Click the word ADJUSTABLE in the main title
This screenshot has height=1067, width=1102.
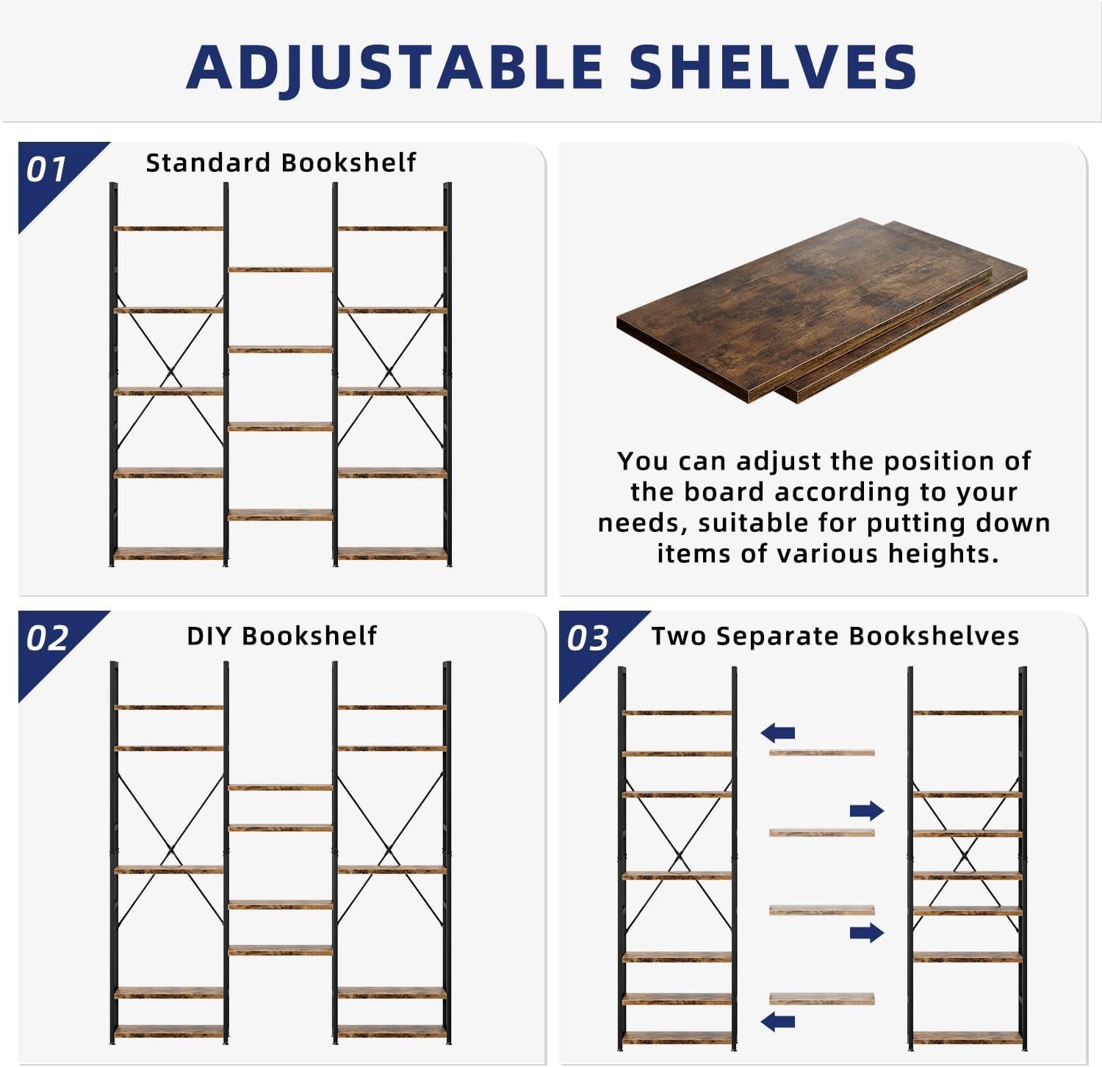click(395, 67)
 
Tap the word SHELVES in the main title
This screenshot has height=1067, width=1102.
click(772, 67)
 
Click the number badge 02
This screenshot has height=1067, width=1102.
click(47, 638)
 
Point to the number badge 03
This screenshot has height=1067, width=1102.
click(588, 638)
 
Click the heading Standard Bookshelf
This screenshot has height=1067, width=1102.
click(281, 162)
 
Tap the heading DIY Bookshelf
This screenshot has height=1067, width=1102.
click(281, 636)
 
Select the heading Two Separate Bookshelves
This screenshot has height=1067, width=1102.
click(835, 636)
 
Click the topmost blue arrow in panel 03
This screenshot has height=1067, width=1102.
click(778, 732)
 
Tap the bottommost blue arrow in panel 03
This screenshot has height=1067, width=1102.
click(778, 1021)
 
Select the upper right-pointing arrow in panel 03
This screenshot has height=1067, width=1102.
click(866, 811)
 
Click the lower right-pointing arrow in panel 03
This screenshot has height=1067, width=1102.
click(866, 933)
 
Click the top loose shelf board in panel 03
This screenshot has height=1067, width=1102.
click(821, 752)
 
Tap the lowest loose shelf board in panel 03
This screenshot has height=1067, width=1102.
click(821, 999)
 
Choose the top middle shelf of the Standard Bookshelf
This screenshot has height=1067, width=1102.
click(280, 270)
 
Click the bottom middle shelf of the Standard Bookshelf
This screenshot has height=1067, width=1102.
click(280, 515)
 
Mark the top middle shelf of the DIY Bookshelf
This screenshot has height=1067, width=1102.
click(280, 787)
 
